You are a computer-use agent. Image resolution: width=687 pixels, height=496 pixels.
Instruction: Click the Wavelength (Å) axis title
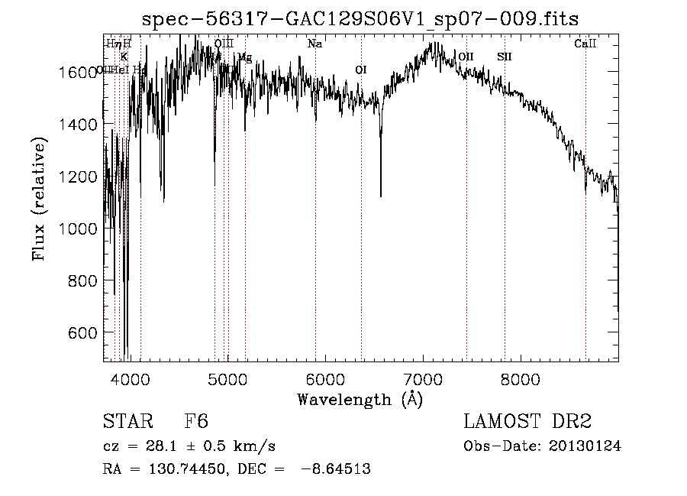click(360, 399)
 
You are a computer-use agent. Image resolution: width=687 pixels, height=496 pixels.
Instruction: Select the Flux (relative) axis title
click(38, 199)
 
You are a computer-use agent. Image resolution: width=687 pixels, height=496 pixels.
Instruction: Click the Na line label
click(314, 44)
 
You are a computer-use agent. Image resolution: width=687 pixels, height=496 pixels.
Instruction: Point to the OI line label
click(361, 70)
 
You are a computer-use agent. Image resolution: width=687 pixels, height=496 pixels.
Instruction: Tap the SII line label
click(505, 57)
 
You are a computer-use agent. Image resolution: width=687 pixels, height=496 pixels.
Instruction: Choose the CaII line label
click(585, 44)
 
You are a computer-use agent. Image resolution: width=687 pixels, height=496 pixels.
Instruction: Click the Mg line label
click(244, 57)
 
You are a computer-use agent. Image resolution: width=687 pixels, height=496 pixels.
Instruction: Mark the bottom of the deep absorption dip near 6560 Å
click(381, 196)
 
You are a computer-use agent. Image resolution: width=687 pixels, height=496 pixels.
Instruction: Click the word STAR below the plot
click(127, 422)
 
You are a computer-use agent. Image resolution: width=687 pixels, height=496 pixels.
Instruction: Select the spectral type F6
click(196, 422)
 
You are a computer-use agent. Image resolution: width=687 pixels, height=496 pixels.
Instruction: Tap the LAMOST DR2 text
click(527, 422)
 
